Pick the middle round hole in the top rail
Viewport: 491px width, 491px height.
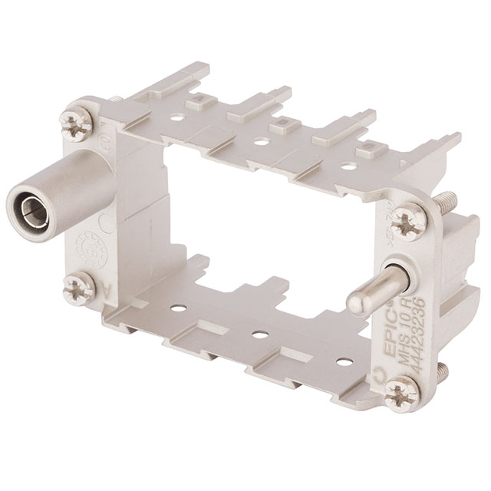(x=262, y=141)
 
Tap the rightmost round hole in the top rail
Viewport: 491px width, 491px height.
(x=350, y=165)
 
